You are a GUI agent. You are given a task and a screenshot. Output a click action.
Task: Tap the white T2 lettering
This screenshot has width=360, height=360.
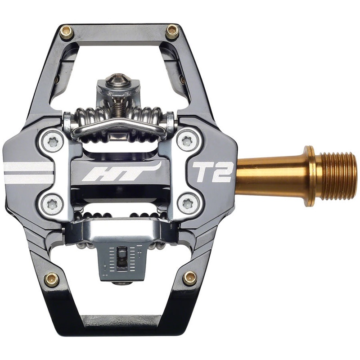pyautogui.click(x=213, y=171)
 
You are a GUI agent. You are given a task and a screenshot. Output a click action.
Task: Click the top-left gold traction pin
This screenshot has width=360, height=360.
pyautogui.click(x=67, y=32)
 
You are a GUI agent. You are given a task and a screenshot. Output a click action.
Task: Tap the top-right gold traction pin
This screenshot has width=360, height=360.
pyautogui.click(x=172, y=32)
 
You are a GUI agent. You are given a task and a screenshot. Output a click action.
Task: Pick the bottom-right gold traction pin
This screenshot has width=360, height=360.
pyautogui.click(x=189, y=279)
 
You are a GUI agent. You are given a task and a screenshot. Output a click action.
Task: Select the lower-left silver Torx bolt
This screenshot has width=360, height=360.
pyautogui.click(x=53, y=205)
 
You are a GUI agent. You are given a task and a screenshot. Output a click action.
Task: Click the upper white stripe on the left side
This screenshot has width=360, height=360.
pyautogui.click(x=28, y=167)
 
